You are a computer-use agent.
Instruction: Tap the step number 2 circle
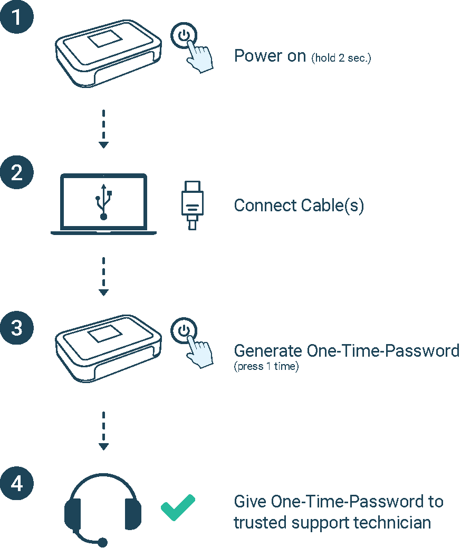click(x=17, y=172)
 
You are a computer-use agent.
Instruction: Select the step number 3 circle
click(x=17, y=327)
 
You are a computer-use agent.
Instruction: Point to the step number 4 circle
click(x=17, y=483)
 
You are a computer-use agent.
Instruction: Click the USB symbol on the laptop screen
click(x=103, y=201)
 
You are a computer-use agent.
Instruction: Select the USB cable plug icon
click(x=192, y=204)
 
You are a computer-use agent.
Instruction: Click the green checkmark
click(x=178, y=507)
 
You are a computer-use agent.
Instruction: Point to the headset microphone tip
click(x=103, y=542)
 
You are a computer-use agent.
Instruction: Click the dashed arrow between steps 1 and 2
click(x=103, y=129)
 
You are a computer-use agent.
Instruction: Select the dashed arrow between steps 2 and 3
click(x=103, y=276)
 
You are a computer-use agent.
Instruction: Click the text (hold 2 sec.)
click(x=341, y=58)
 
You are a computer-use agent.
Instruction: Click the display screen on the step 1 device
click(x=103, y=40)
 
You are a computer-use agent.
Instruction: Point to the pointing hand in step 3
click(x=200, y=350)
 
